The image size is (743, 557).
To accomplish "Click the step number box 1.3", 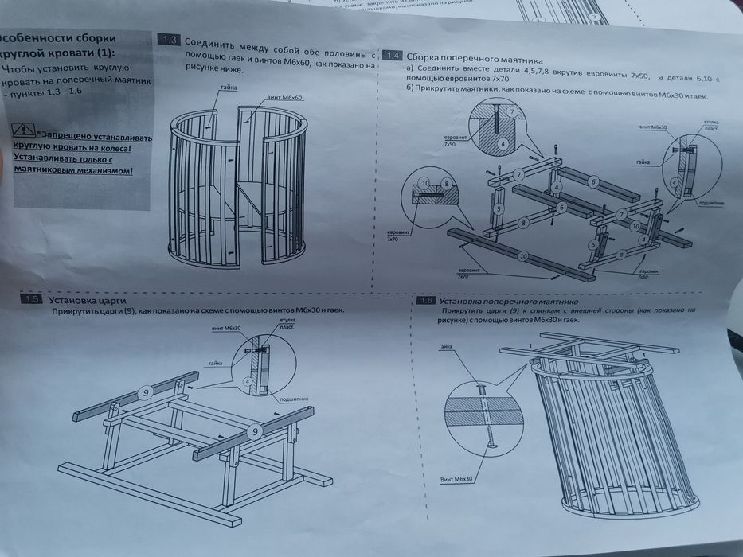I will coord(169,40).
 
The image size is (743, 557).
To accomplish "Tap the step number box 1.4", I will coord(392,56).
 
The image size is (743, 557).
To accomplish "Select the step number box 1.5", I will coord(32,299).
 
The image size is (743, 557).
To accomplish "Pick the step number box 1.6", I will coord(426,302).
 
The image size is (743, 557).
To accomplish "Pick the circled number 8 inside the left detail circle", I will coord(447,182).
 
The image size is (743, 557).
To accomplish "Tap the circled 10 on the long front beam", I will coord(522,256).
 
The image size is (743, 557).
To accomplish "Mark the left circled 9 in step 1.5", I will coord(146,391).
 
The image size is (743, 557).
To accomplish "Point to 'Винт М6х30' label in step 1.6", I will coord(456,481).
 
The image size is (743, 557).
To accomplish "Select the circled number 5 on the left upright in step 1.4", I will coord(499,208).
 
